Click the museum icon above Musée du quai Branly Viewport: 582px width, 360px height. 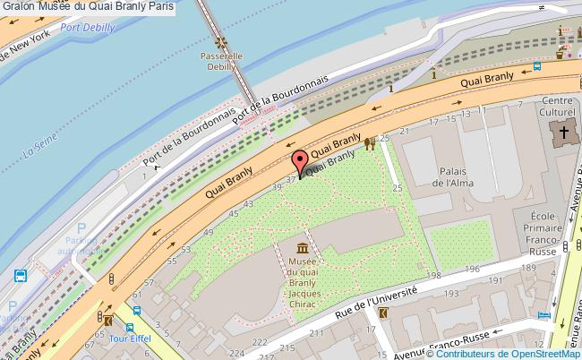click(302, 247)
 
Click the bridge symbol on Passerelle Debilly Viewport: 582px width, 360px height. click(215, 42)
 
